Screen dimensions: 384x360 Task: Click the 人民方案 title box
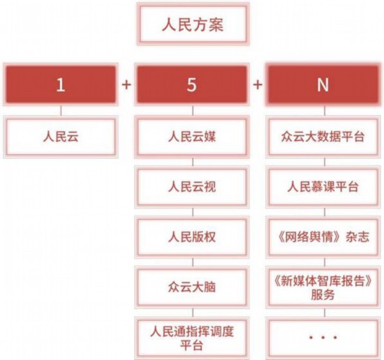193,24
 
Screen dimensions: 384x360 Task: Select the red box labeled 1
61,85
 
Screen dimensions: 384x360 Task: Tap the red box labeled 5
192,85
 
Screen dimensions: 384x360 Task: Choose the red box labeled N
323,85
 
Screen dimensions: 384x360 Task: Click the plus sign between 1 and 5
126,85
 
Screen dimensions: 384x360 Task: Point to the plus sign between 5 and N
258,85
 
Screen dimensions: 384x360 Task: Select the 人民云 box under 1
61,137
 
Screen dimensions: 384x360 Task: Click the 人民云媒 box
192,137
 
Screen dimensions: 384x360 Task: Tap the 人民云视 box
192,187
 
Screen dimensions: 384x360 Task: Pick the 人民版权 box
192,237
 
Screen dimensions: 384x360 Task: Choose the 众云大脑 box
192,287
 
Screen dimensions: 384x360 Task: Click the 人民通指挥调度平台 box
192,338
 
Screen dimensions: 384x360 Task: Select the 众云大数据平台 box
323,137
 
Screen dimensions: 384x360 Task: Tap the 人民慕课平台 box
323,187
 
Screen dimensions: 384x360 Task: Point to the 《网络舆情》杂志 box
323,237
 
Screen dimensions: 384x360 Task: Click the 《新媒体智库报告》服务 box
323,287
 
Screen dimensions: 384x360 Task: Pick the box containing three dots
323,338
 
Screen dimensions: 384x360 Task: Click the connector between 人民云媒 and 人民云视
193,162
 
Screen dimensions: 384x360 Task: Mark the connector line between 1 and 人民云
61,111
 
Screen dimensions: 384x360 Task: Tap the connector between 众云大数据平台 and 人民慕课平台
325,162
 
